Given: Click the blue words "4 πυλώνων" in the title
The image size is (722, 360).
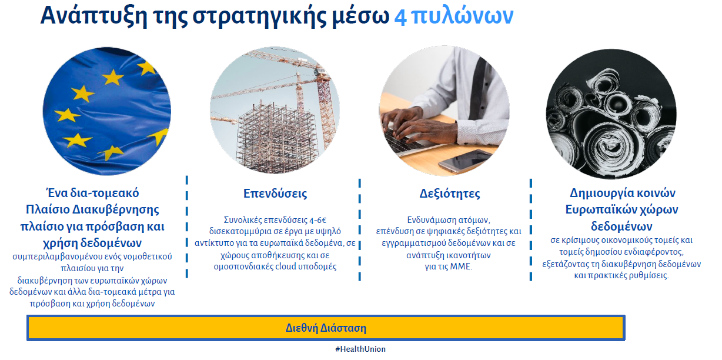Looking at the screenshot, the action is [x=453, y=16].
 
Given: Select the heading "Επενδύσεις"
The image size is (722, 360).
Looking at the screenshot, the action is [x=275, y=194].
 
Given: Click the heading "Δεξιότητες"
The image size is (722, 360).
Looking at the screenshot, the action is [x=450, y=194].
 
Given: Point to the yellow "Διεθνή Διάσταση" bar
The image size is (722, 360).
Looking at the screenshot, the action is [x=326, y=328].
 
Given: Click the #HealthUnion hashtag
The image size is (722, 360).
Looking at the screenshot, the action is [x=360, y=349].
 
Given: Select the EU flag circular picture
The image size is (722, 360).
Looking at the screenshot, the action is [x=106, y=111].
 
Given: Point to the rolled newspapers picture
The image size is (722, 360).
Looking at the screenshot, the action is [x=611, y=114].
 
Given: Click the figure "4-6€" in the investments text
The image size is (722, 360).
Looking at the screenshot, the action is [x=318, y=220].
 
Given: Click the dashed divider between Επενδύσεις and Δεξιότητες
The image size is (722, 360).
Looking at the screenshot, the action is [x=360, y=229].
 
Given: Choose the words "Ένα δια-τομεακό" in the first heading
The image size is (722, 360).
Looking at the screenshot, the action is [x=92, y=193].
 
